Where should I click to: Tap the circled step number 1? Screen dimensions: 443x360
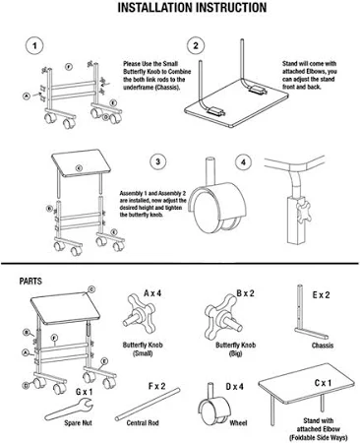(34, 45)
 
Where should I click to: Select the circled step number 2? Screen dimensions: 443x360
(197, 45)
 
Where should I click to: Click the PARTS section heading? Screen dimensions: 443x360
(30, 281)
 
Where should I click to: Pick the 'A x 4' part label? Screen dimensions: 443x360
(151, 292)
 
